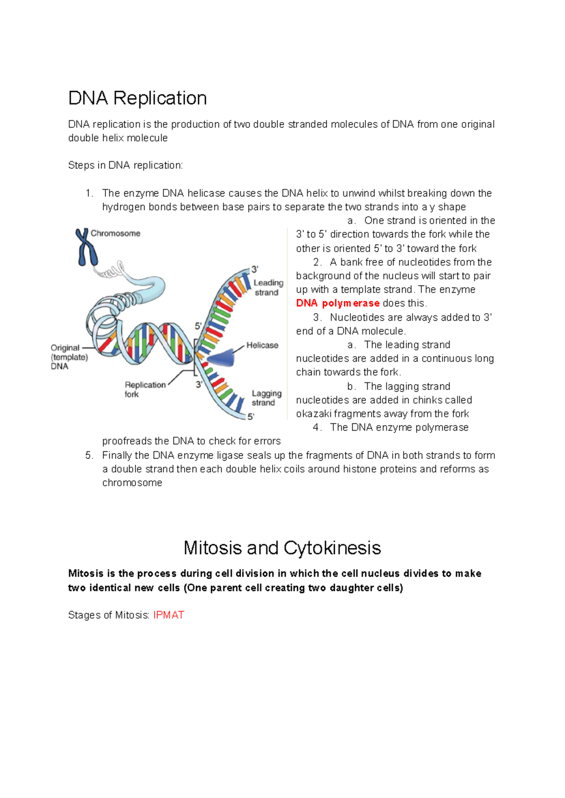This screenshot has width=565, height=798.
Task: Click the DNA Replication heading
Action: point(137,98)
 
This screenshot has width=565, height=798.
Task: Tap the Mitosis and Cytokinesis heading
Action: point(282,548)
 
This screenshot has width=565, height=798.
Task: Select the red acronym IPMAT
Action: point(169,615)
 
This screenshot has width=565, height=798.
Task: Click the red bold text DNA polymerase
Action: point(338,303)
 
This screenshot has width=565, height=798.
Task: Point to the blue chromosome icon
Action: point(86,247)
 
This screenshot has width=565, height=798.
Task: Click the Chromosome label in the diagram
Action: point(115,233)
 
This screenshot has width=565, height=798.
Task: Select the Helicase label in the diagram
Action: point(262,345)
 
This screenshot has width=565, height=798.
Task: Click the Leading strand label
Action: point(268,287)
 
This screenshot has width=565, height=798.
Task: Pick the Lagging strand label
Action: point(266,398)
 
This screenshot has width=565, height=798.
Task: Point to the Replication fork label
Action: point(145,389)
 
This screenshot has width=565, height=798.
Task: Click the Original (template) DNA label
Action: point(69,357)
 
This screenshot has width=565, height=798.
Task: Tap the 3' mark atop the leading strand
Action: point(254,269)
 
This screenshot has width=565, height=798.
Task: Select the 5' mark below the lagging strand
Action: point(251,416)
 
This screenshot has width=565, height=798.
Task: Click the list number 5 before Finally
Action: point(89,455)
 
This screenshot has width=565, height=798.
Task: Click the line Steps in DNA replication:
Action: point(125,165)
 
